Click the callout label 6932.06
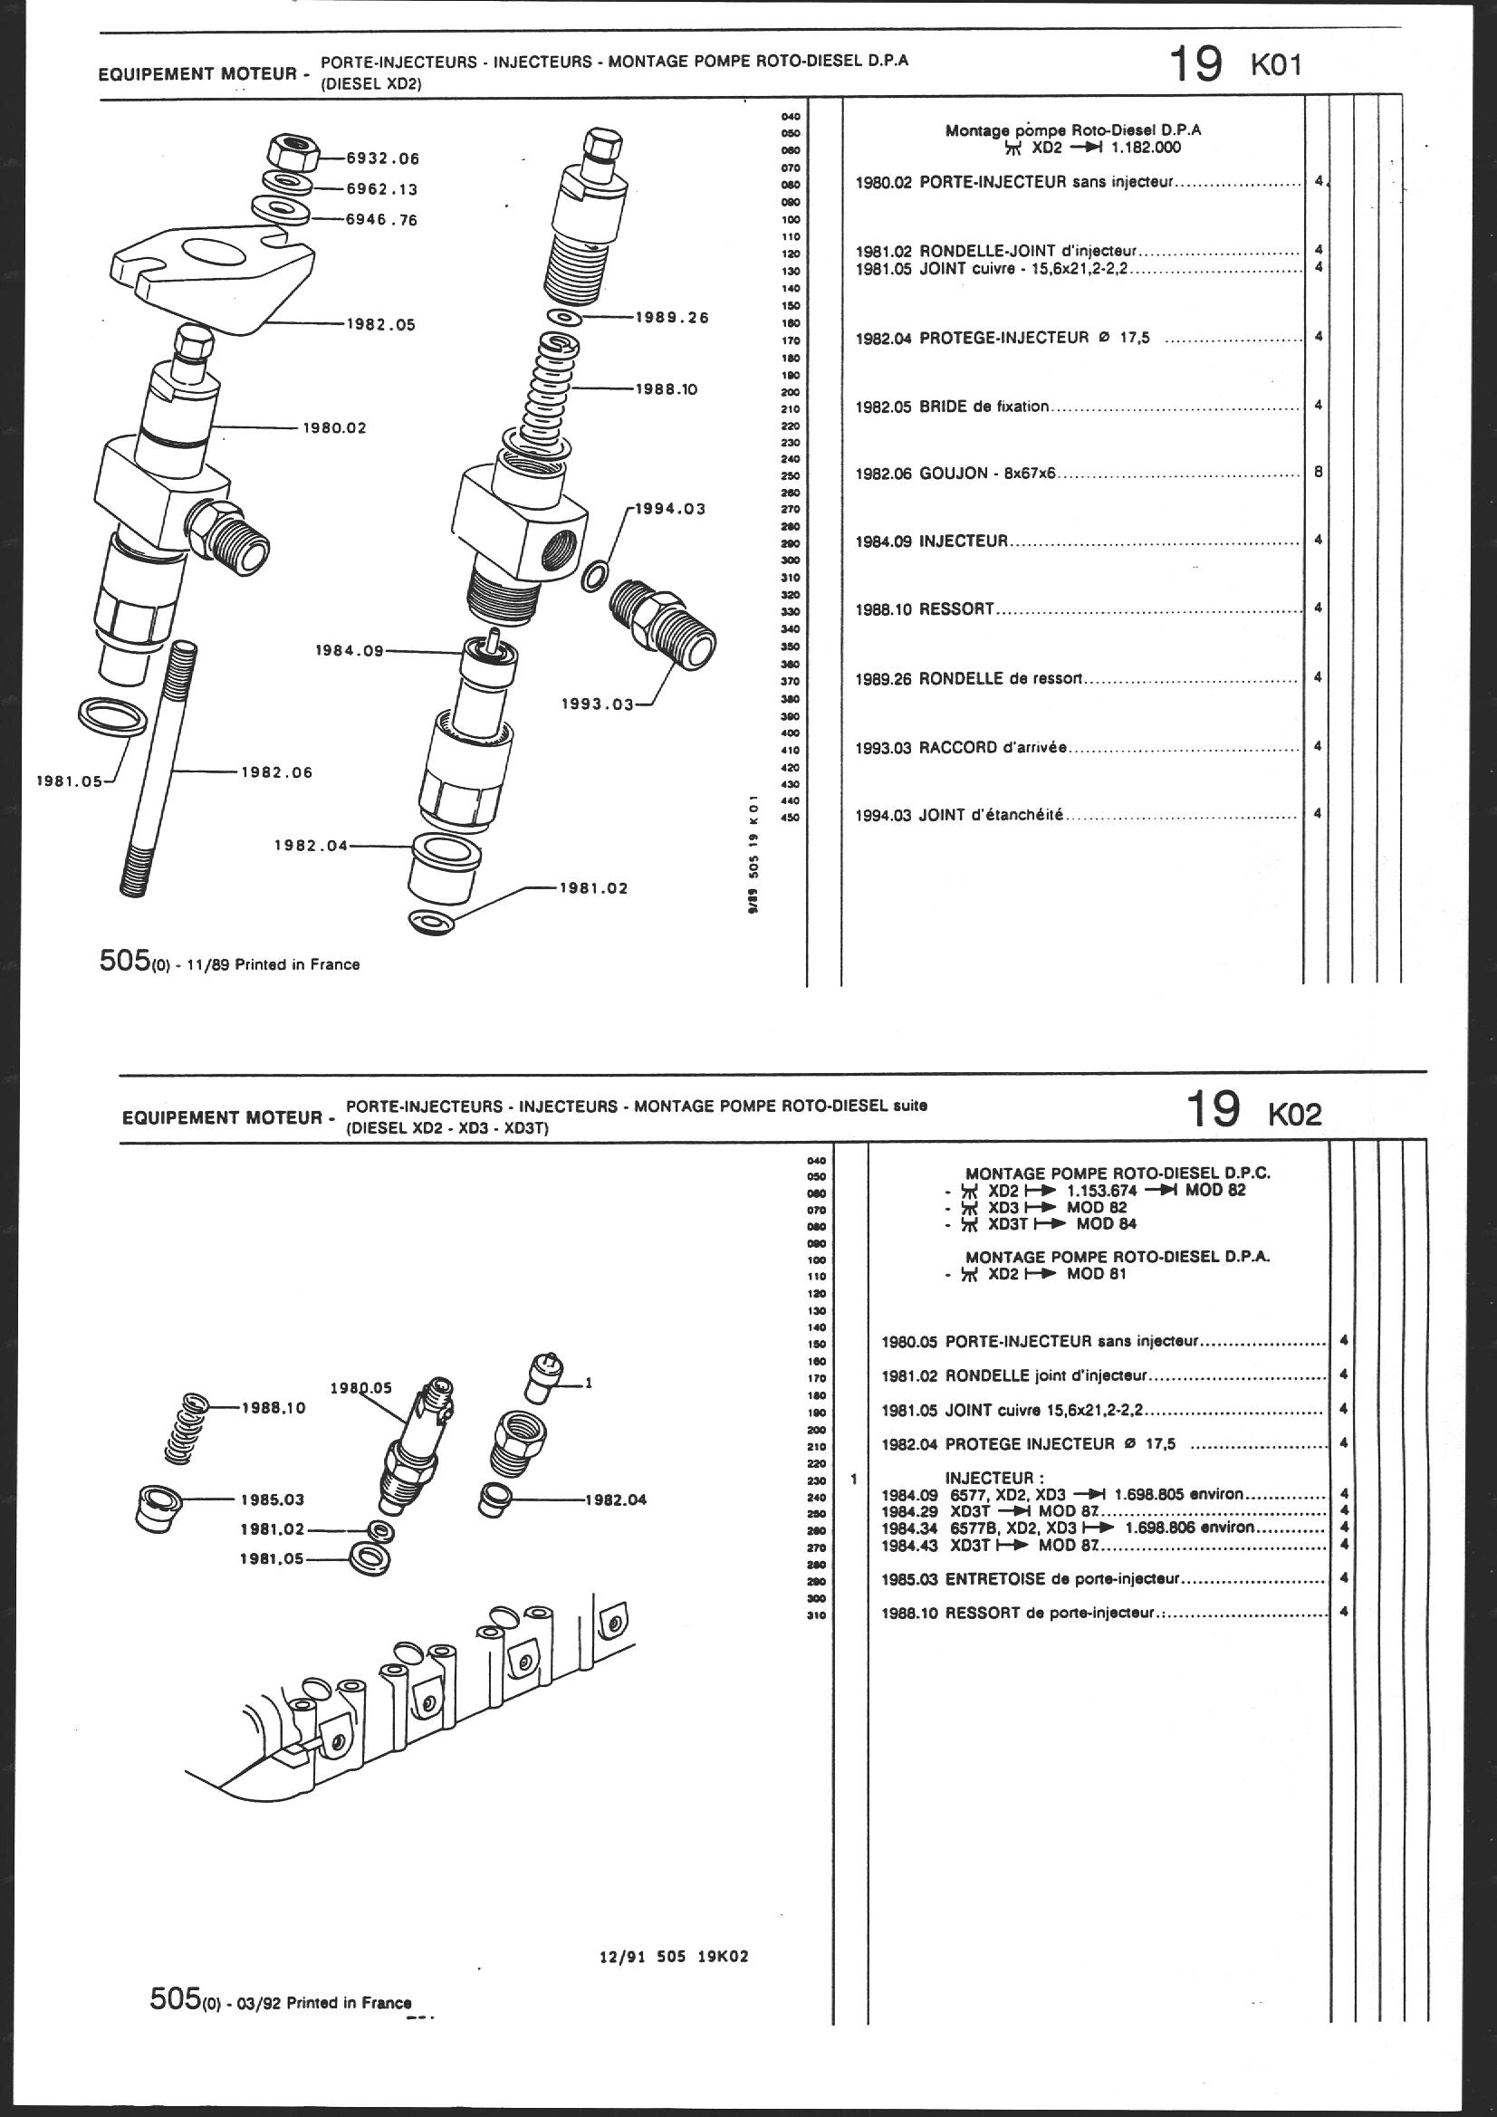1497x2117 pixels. [382, 158]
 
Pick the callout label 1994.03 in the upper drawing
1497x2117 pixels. [669, 508]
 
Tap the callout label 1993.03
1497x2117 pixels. [599, 704]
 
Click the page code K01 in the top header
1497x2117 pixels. [1276, 66]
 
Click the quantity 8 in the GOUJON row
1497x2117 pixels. [1318, 472]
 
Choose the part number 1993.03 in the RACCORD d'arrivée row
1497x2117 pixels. [884, 748]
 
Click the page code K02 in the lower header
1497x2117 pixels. [1295, 1114]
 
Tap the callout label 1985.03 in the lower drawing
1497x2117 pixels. [273, 1499]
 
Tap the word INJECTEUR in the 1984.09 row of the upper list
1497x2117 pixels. [964, 541]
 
